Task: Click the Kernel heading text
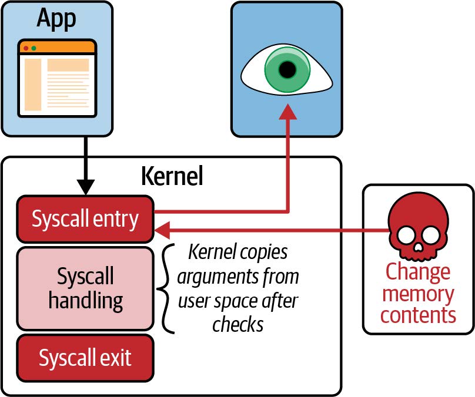point(172,176)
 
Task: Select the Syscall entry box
point(85,219)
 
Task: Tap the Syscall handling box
point(85,288)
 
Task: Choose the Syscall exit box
point(85,357)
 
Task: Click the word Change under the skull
point(417,272)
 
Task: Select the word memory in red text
point(417,294)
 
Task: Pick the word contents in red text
point(417,315)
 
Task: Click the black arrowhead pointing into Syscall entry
point(86,189)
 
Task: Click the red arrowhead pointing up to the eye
point(287,112)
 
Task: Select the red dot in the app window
point(26,48)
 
